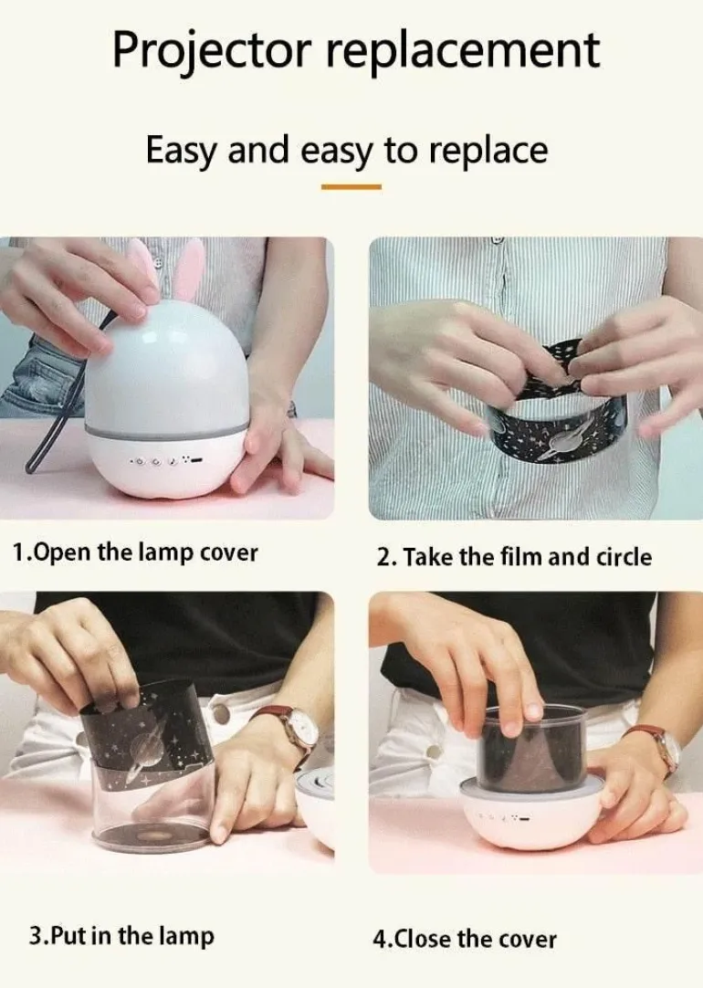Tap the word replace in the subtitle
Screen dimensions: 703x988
pyautogui.click(x=488, y=152)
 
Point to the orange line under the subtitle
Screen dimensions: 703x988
pyautogui.click(x=351, y=187)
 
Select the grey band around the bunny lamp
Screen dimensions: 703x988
pyautogui.click(x=166, y=431)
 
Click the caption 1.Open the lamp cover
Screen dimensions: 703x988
pyautogui.click(x=135, y=552)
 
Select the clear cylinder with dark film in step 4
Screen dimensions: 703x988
pyautogui.click(x=533, y=748)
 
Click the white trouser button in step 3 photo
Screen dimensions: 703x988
pyautogui.click(x=220, y=713)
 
